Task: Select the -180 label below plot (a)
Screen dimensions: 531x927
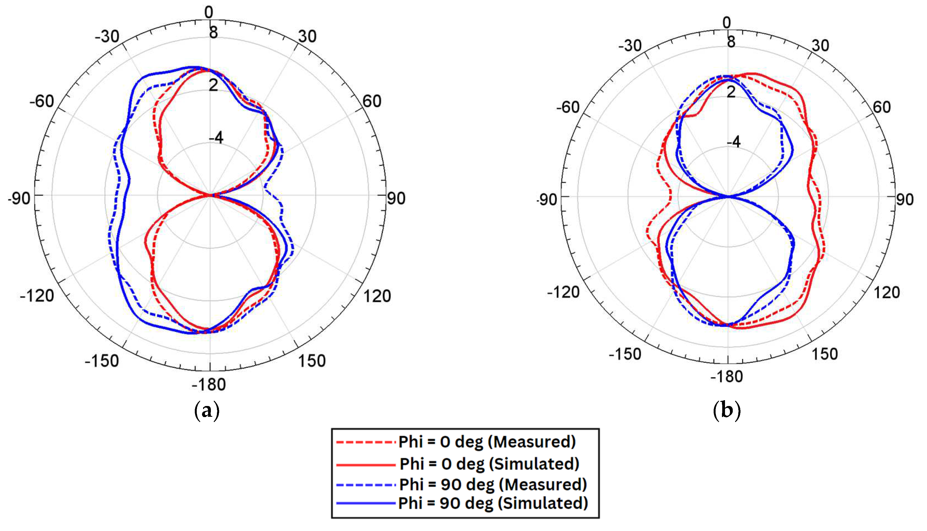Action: pyautogui.click(x=209, y=385)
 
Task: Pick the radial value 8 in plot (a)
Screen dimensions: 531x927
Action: pyautogui.click(x=213, y=32)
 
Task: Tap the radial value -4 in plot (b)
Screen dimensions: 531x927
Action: pyautogui.click(x=733, y=142)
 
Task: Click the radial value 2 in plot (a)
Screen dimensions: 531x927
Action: pyautogui.click(x=213, y=85)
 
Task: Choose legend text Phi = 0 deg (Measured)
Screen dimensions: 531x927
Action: pyautogui.click(x=487, y=442)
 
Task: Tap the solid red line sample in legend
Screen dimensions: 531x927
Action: pyautogui.click(x=366, y=465)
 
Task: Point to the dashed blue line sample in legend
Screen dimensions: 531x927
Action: pyautogui.click(x=366, y=485)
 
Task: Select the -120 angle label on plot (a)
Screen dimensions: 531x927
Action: pyautogui.click(x=37, y=295)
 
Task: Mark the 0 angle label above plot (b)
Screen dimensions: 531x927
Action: pyautogui.click(x=727, y=23)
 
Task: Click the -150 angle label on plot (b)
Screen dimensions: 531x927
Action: pyautogui.click(x=625, y=354)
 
